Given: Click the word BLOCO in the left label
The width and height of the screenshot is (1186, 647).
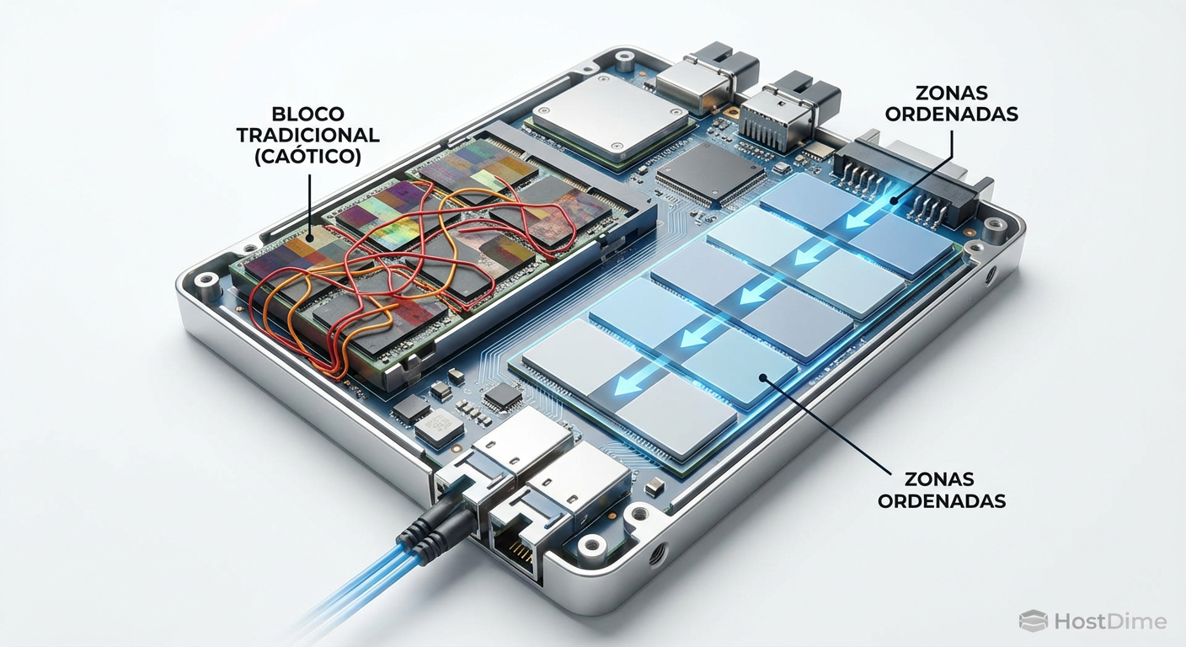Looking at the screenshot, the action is (x=307, y=113).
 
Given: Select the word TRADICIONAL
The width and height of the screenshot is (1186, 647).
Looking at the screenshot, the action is (x=307, y=135).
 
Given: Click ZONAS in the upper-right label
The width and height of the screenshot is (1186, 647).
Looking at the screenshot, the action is (x=952, y=93).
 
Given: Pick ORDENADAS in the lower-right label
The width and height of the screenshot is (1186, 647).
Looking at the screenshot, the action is (x=942, y=500).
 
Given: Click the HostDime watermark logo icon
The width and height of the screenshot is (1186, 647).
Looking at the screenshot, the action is (x=1034, y=621).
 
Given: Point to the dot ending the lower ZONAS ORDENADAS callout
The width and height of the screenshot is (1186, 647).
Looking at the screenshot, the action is (x=763, y=377).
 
